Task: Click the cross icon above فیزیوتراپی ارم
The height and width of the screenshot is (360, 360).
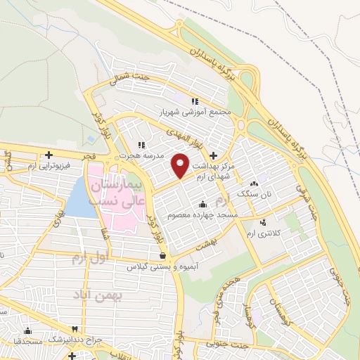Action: click(48, 155)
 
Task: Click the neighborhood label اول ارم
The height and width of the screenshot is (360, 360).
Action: click(91, 258)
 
